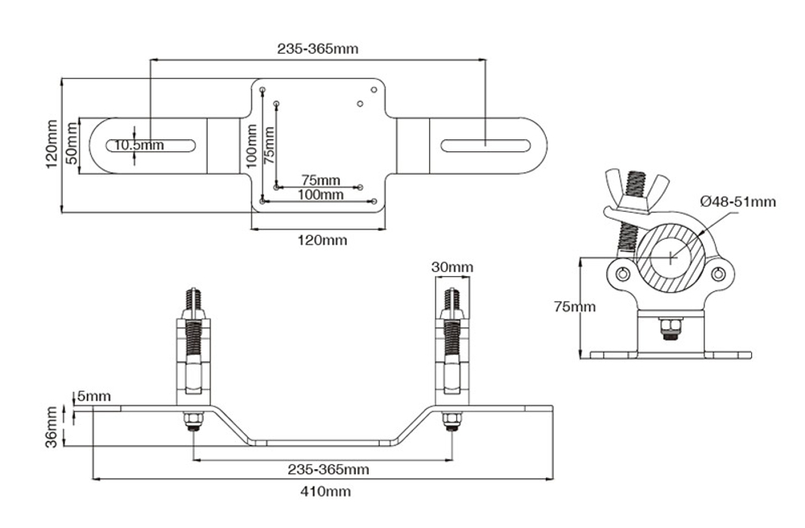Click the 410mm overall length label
pyautogui.click(x=324, y=490)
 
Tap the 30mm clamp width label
pyautogui.click(x=452, y=267)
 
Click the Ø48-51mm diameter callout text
pyautogui.click(x=737, y=201)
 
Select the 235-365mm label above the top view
pyautogui.click(x=317, y=48)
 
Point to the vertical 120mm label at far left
pyautogui.click(x=52, y=145)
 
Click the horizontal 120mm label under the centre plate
pyautogui.click(x=320, y=240)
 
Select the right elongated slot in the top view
pyautogui.click(x=485, y=146)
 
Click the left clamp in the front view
pyautogui.click(x=194, y=354)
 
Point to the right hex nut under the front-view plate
pyautogui.click(x=451, y=420)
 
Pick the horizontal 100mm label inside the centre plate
pyautogui.click(x=320, y=195)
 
